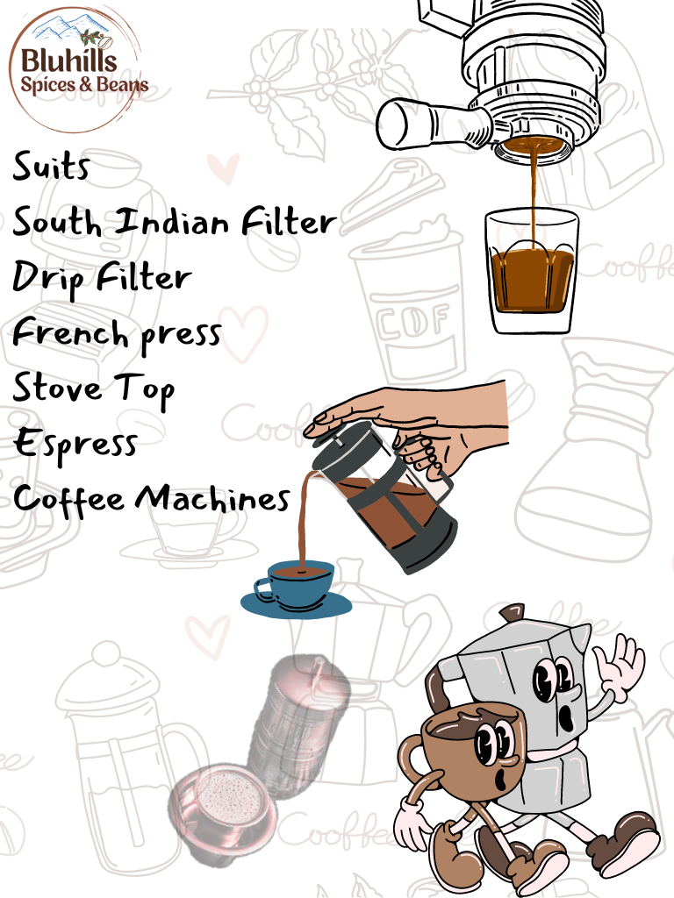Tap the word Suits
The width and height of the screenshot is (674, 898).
click(x=51, y=166)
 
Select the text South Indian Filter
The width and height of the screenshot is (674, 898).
click(x=175, y=222)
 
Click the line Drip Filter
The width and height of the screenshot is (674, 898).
click(x=102, y=279)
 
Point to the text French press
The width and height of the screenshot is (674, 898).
click(x=117, y=332)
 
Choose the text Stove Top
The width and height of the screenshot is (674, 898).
click(x=93, y=388)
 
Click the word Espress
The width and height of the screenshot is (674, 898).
click(x=75, y=444)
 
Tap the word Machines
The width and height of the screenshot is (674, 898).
click(x=212, y=498)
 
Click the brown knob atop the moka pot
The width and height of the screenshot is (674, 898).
click(x=512, y=613)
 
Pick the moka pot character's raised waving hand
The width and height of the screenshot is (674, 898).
click(x=619, y=666)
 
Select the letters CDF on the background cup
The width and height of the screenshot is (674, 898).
click(x=413, y=320)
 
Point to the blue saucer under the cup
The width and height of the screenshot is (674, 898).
click(x=296, y=605)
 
